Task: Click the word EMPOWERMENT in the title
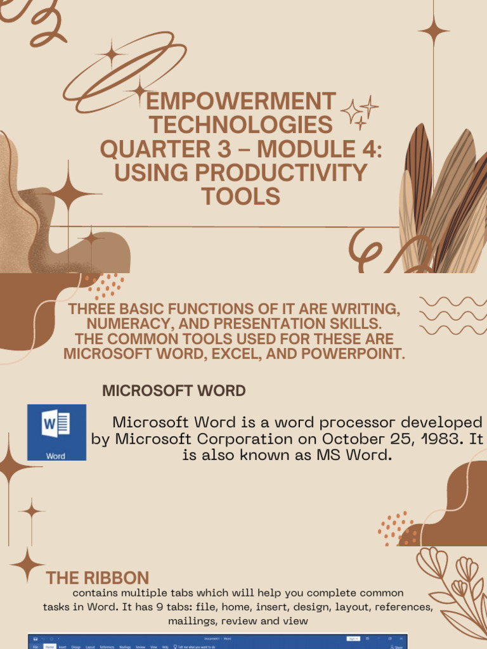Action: point(241,101)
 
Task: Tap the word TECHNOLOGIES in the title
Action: point(241,125)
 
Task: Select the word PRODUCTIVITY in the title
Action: point(281,172)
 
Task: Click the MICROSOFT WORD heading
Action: point(174,391)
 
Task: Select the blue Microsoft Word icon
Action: point(56,432)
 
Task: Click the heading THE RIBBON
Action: point(98,578)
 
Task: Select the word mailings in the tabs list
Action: point(193,621)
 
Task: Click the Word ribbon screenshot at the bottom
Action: point(218,641)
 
